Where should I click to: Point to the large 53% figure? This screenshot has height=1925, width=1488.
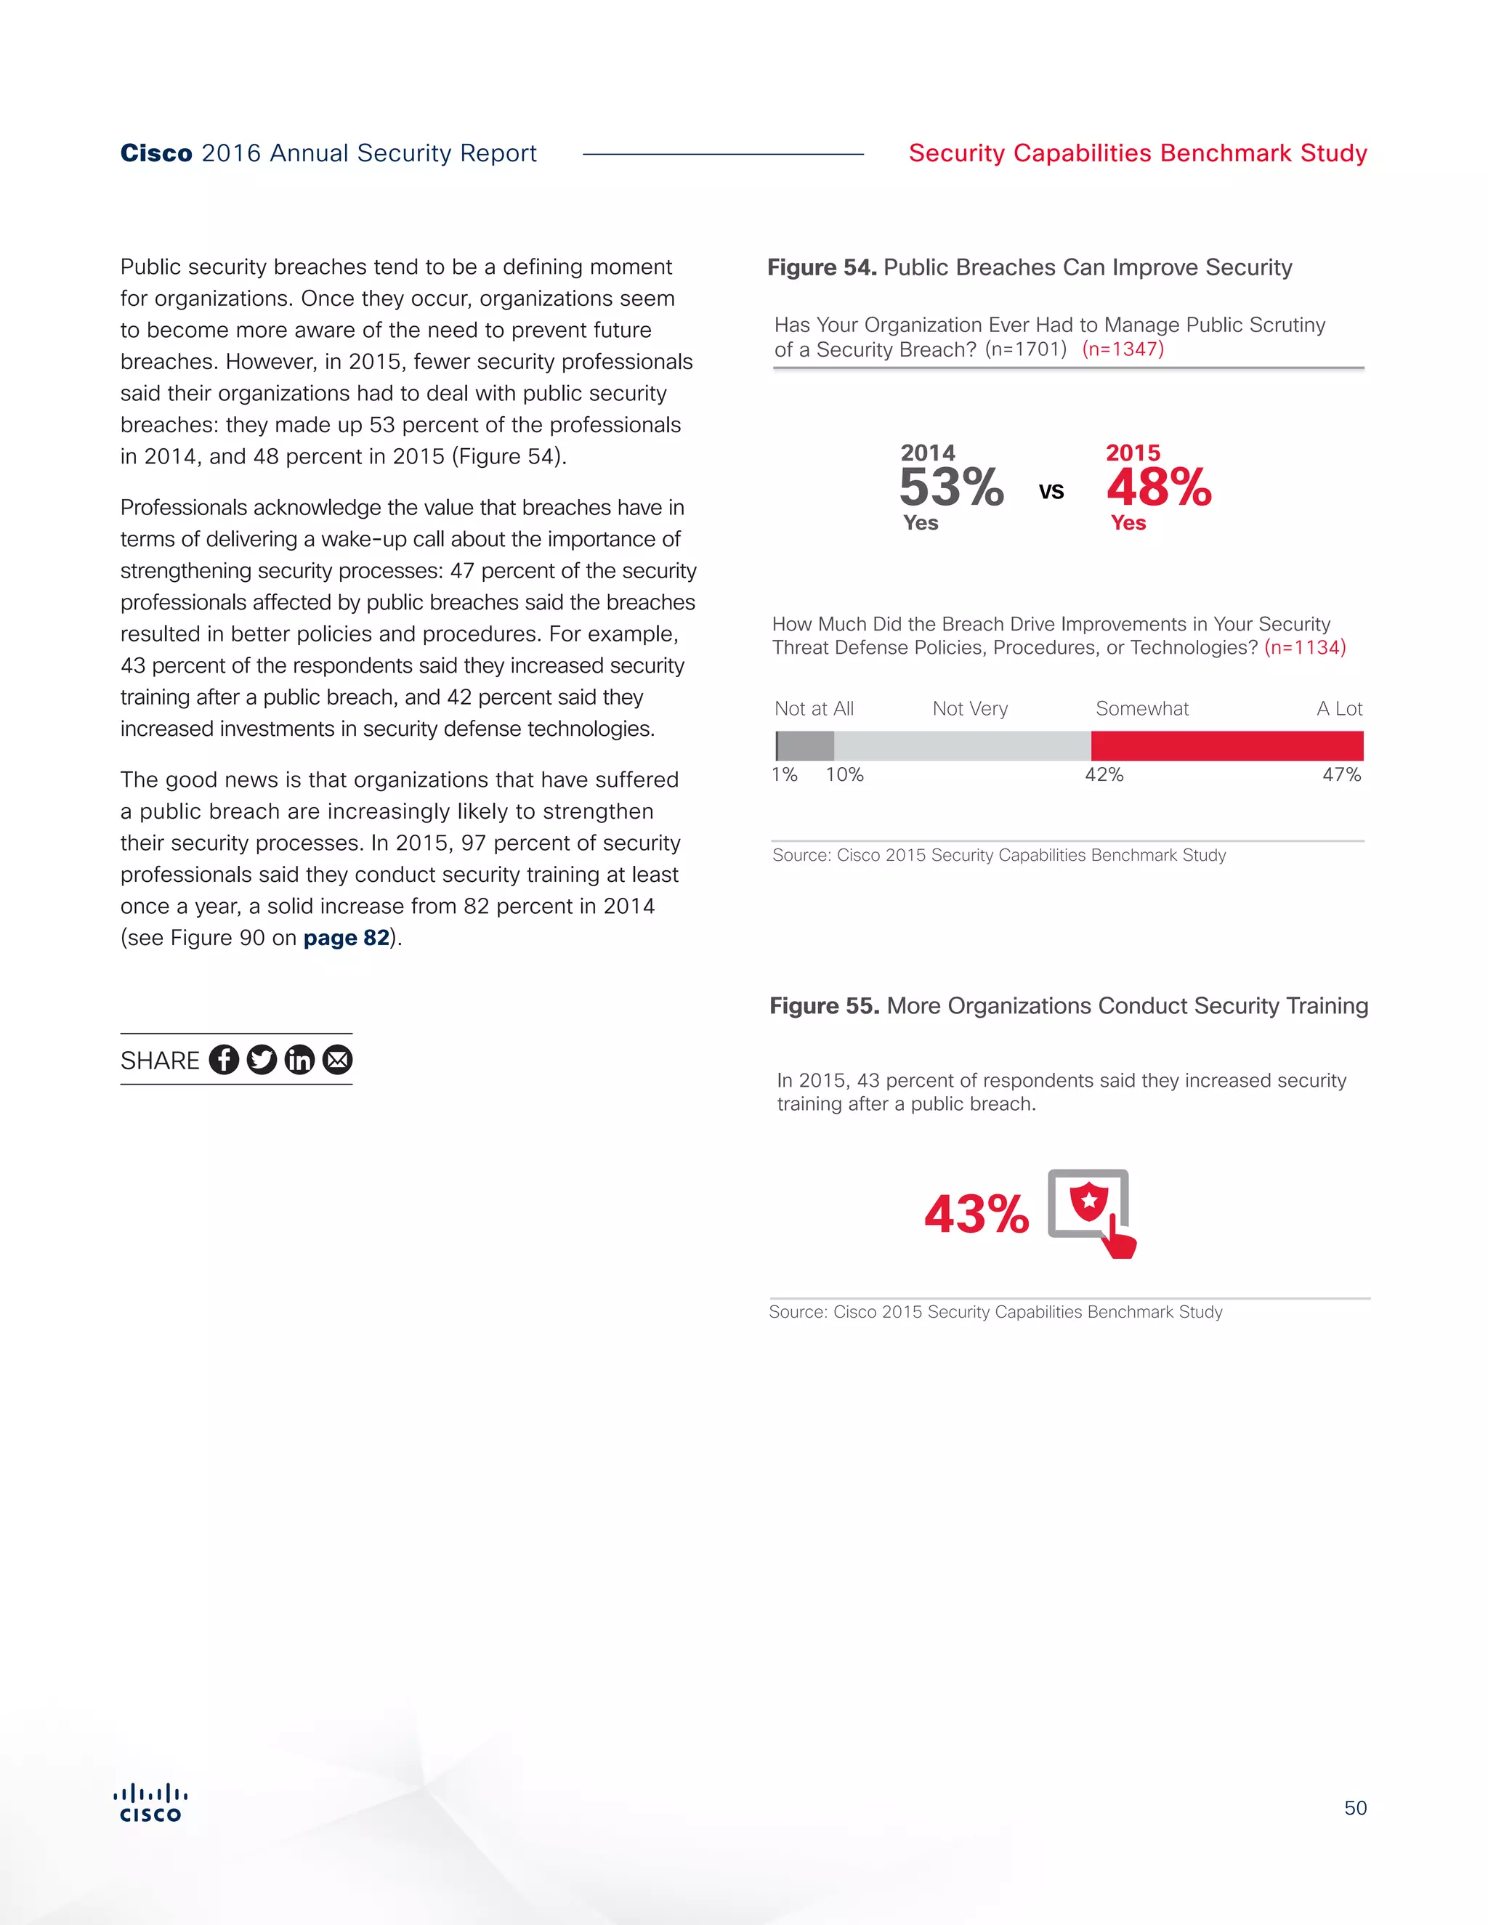[951, 487]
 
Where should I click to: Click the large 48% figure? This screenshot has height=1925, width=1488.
[1158, 487]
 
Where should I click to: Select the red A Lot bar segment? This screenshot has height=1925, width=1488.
[1226, 746]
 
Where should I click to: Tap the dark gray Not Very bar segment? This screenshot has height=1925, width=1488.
[806, 746]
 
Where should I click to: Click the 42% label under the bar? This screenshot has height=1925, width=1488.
[1104, 775]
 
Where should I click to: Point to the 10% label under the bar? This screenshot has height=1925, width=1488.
[844, 775]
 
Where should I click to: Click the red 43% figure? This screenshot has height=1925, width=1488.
[976, 1214]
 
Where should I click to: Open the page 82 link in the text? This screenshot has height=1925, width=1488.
[346, 938]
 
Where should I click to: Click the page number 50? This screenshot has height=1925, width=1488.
[1355, 1808]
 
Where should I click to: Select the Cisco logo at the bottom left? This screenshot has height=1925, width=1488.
[150, 1802]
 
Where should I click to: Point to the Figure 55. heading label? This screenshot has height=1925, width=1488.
[824, 1005]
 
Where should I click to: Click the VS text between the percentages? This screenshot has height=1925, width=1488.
[1051, 492]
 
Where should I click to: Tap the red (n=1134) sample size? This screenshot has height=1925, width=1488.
[1305, 648]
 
